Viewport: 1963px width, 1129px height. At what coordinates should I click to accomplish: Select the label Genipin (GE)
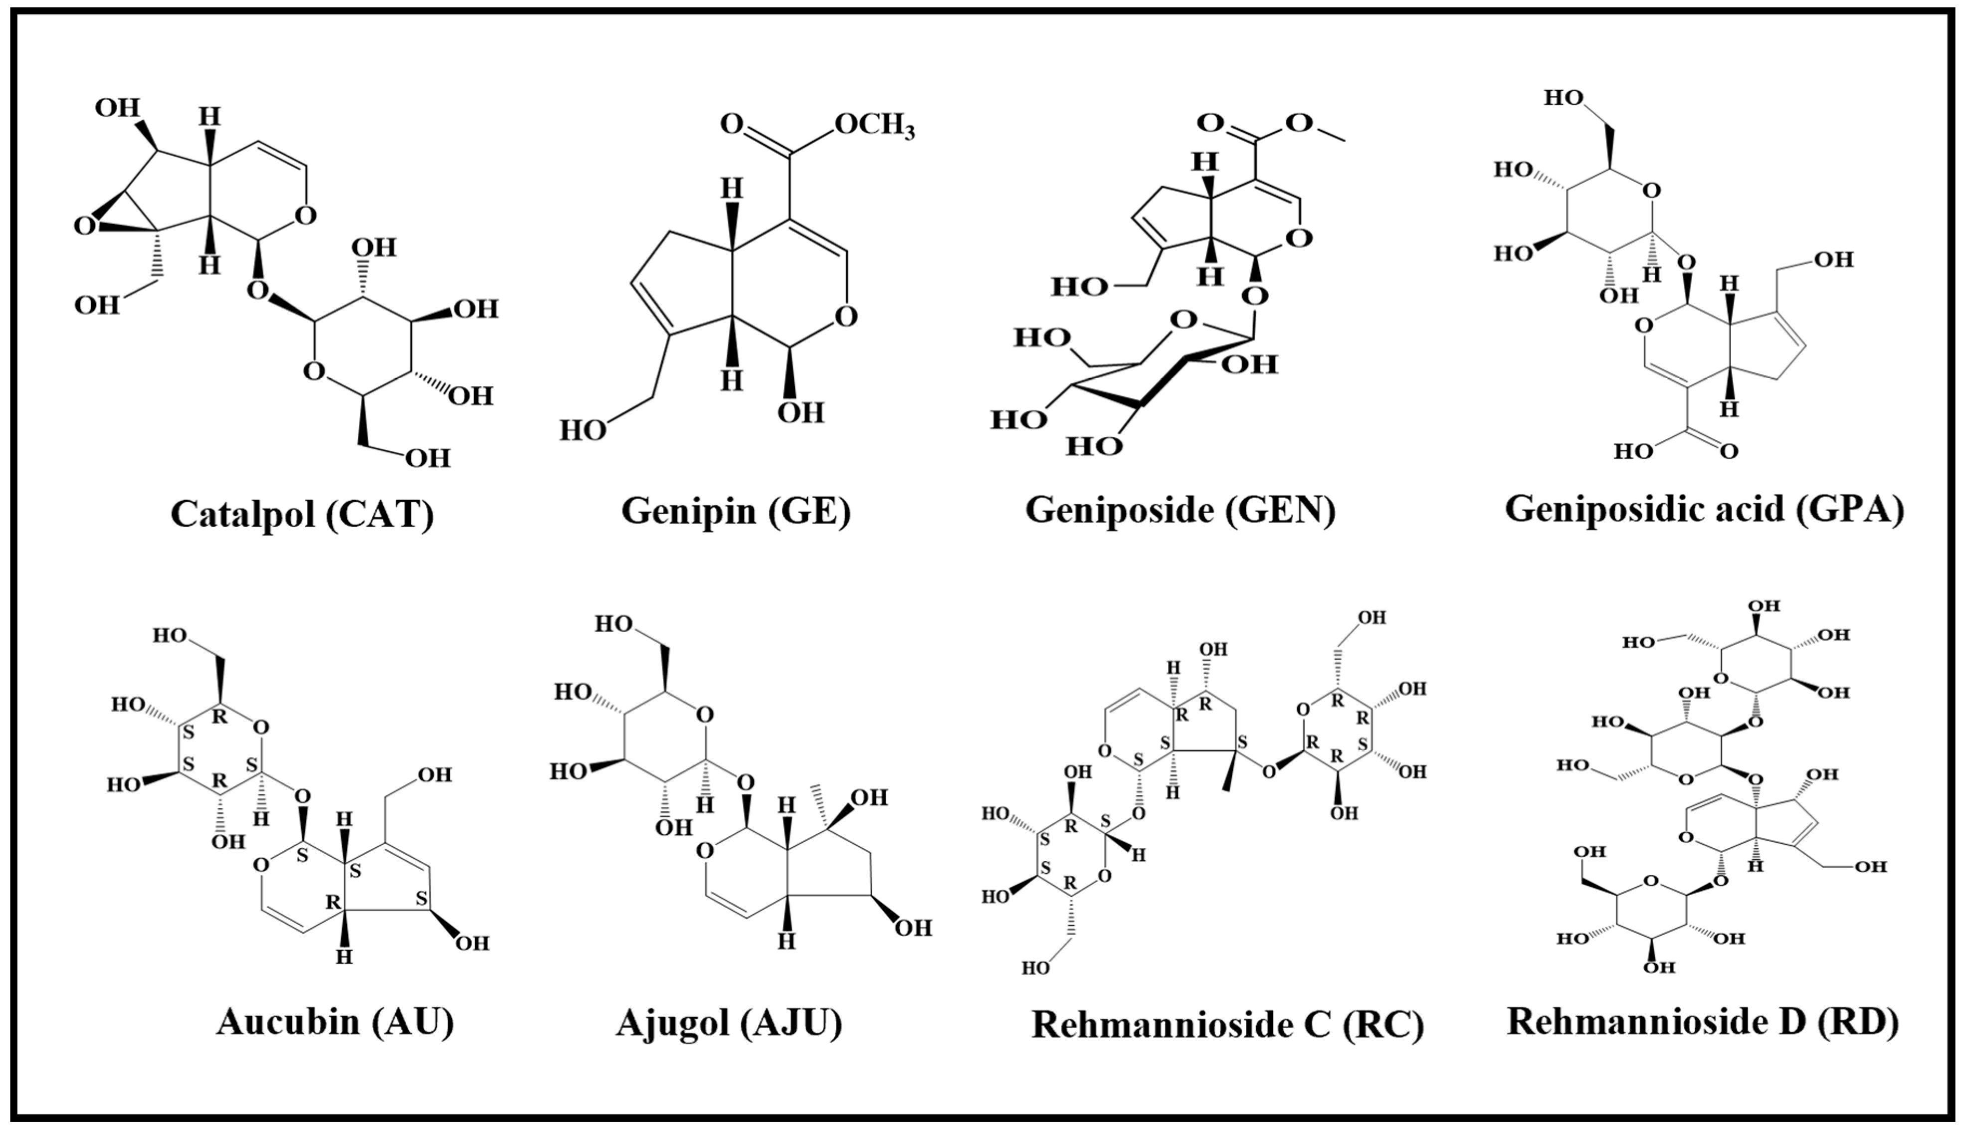(x=736, y=512)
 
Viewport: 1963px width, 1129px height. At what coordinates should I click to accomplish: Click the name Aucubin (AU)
(x=335, y=1021)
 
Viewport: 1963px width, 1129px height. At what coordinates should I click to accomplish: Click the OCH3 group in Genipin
(x=874, y=126)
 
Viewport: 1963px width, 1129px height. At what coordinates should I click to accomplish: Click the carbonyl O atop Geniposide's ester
(x=1209, y=123)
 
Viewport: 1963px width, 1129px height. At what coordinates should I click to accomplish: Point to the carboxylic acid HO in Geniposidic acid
(x=1633, y=451)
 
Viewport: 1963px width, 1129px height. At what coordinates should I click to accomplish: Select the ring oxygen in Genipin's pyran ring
(x=847, y=316)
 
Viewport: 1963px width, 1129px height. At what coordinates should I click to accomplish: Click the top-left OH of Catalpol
(x=117, y=108)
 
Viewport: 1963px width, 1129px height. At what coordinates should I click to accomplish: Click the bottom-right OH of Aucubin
(x=471, y=943)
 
